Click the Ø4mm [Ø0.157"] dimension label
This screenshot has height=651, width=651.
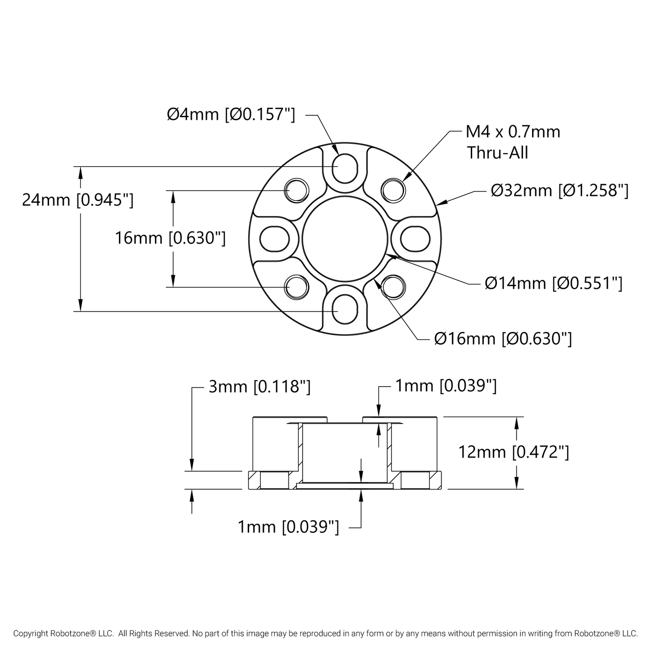click(231, 115)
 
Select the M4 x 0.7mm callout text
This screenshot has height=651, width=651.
click(513, 132)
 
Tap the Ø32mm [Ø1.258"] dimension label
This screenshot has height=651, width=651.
click(559, 191)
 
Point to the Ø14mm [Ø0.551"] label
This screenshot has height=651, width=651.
click(553, 283)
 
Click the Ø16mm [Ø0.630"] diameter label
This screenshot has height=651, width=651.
click(503, 338)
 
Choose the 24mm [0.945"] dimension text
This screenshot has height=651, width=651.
click(77, 200)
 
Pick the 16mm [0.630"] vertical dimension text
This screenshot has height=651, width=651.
click(170, 238)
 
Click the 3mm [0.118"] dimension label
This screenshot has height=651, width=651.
click(259, 387)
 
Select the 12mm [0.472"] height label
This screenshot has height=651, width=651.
click(513, 452)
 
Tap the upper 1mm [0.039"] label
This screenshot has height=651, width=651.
click(446, 386)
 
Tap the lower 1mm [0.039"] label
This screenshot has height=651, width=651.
click(288, 527)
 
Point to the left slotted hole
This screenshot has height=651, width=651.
click(274, 238)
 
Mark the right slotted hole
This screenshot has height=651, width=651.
click(415, 238)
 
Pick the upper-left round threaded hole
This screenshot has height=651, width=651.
click(297, 190)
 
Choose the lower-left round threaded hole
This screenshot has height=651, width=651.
click(297, 287)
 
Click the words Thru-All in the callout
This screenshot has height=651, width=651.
click(497, 153)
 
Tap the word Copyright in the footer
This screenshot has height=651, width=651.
click(31, 633)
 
